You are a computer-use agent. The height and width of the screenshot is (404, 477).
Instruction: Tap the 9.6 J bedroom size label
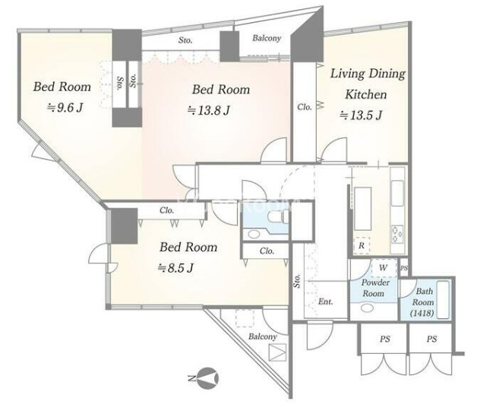tap(65, 107)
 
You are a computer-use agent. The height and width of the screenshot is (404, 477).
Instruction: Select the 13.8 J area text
tap(208, 110)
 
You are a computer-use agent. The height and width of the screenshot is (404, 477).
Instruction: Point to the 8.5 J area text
tap(175, 268)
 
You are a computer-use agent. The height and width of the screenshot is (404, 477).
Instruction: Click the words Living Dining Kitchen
tap(367, 84)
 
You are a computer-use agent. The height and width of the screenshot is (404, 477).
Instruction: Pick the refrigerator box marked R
tap(362, 245)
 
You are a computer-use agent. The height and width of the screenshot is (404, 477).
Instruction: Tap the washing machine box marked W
tap(384, 268)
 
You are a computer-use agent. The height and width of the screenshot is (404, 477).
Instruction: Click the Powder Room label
tap(374, 288)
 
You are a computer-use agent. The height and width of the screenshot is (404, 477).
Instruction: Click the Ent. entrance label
tap(325, 301)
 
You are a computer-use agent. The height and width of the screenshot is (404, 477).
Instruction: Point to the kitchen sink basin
tap(397, 194)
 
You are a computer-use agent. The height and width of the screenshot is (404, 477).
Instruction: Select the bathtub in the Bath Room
tap(443, 299)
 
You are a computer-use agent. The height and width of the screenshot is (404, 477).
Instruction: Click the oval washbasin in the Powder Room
tap(368, 308)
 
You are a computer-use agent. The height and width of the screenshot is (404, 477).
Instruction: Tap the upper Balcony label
tap(267, 38)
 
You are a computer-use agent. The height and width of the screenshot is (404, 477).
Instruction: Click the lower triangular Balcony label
tap(263, 336)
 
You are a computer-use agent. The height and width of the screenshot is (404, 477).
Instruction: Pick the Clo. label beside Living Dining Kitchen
tap(305, 107)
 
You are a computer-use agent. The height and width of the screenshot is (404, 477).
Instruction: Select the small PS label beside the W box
tap(403, 268)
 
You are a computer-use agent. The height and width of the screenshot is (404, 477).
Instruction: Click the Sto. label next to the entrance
tap(297, 280)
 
